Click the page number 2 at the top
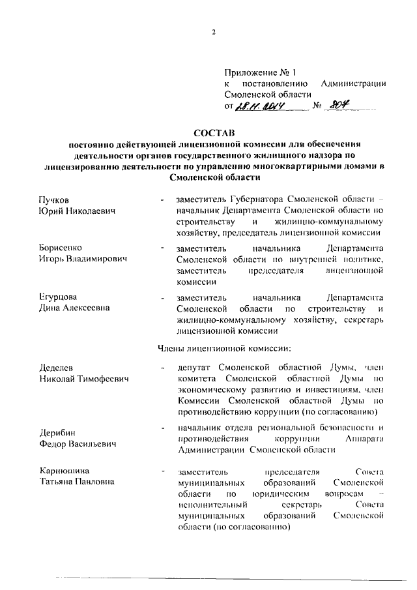tap(213, 33)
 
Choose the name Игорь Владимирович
tap(81, 259)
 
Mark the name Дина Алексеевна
tap(74, 308)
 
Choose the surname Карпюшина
tap(65, 471)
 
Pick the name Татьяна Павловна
tap(76, 482)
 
